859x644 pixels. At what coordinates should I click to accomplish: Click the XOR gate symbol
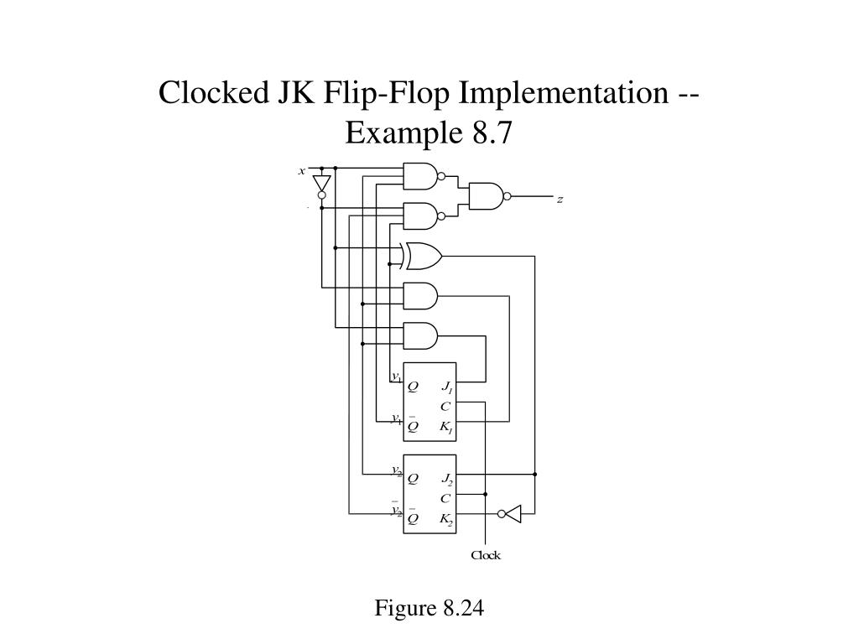tap(421, 256)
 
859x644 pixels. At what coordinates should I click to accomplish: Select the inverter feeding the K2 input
tap(509, 514)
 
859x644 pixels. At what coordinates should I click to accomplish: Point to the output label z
tap(560, 200)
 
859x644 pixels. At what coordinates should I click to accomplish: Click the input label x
tap(301, 171)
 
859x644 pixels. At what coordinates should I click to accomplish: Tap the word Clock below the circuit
tap(486, 555)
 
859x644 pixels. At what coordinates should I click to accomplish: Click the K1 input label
tap(447, 427)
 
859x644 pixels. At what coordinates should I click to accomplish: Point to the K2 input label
tap(447, 519)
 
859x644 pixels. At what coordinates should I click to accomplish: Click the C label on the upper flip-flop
tap(445, 407)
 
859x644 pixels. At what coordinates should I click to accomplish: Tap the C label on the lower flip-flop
tap(445, 499)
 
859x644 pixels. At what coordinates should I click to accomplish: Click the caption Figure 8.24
tap(429, 608)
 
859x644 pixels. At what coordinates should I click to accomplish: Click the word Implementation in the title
tap(563, 93)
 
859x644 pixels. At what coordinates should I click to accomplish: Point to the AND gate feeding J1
tap(420, 335)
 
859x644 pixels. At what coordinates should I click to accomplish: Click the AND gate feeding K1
tap(420, 296)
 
